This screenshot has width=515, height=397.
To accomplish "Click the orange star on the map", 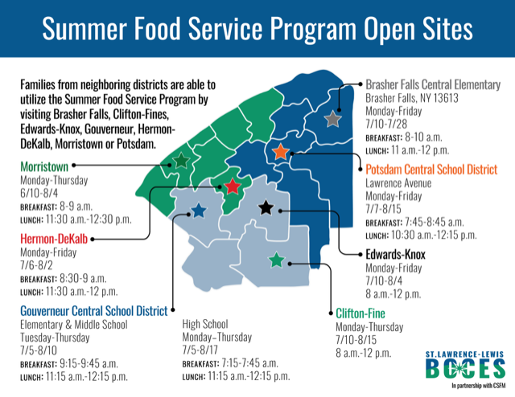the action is pyautogui.click(x=281, y=152).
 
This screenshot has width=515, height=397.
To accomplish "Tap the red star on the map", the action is pyautogui.click(x=233, y=186).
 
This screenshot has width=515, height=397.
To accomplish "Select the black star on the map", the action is pyautogui.click(x=266, y=207).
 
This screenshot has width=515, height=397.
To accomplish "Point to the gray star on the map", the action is pyautogui.click(x=332, y=119).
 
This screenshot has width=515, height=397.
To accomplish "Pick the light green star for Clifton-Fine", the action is pyautogui.click(x=277, y=260).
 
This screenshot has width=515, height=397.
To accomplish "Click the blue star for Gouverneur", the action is pyautogui.click(x=199, y=211).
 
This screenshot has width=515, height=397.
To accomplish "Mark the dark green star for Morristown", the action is pyautogui.click(x=181, y=161).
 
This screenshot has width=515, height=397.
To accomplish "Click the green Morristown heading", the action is pyautogui.click(x=44, y=166).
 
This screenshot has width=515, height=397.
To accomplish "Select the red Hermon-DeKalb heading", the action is pyautogui.click(x=54, y=239).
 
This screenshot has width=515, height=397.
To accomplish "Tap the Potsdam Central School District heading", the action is pyautogui.click(x=431, y=170).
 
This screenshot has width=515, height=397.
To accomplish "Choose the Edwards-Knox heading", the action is pyautogui.click(x=395, y=254).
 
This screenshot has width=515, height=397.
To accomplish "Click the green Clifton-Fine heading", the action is pyautogui.click(x=360, y=313).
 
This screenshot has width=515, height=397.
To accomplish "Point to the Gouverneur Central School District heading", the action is pyautogui.click(x=94, y=311).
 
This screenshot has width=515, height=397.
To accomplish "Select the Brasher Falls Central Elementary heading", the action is pyautogui.click(x=433, y=84).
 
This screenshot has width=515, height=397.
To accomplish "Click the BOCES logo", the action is pyautogui.click(x=465, y=364).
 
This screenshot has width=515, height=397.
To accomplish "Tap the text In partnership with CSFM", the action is pyautogui.click(x=479, y=386).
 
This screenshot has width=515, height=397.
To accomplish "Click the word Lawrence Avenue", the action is pyautogui.click(x=398, y=182).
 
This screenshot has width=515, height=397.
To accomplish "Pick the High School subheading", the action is pyautogui.click(x=205, y=324).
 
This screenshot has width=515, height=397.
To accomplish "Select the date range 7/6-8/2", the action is pyautogui.click(x=36, y=265).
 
